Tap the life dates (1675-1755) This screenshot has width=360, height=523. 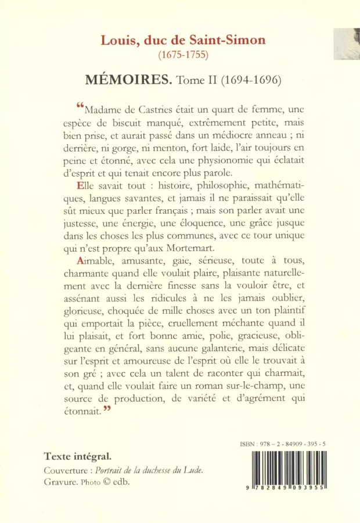(183, 55)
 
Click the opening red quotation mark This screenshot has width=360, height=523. (80, 105)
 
